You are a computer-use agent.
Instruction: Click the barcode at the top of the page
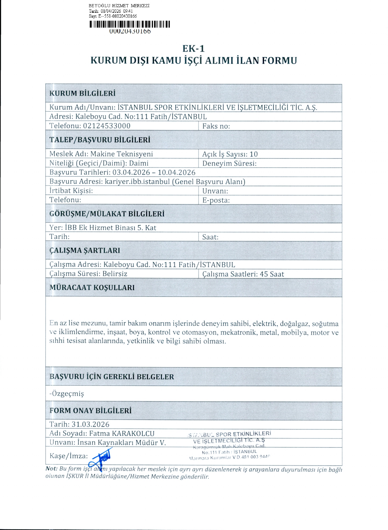click(129, 24)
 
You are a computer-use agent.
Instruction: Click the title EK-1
click(193, 49)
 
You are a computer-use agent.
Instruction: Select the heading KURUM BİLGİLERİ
click(82, 93)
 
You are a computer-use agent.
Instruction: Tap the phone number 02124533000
click(107, 126)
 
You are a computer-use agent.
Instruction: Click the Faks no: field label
click(216, 126)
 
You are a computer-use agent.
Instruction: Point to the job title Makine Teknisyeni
click(122, 154)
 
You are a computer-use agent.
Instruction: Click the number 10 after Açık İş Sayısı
click(254, 154)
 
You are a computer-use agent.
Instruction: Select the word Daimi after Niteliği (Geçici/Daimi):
click(139, 163)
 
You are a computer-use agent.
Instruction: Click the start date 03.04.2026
click(131, 173)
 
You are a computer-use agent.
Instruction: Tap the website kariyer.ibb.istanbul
click(137, 182)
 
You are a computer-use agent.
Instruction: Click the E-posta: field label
click(216, 200)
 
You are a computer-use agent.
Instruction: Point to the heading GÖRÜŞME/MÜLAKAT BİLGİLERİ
click(107, 214)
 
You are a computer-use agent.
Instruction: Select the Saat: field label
click(210, 237)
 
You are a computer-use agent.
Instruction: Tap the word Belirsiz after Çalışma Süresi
click(115, 274)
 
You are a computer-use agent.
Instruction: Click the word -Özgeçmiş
click(67, 394)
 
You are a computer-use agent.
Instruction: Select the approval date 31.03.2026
click(90, 424)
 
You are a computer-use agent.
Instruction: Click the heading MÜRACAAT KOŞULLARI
click(92, 288)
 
